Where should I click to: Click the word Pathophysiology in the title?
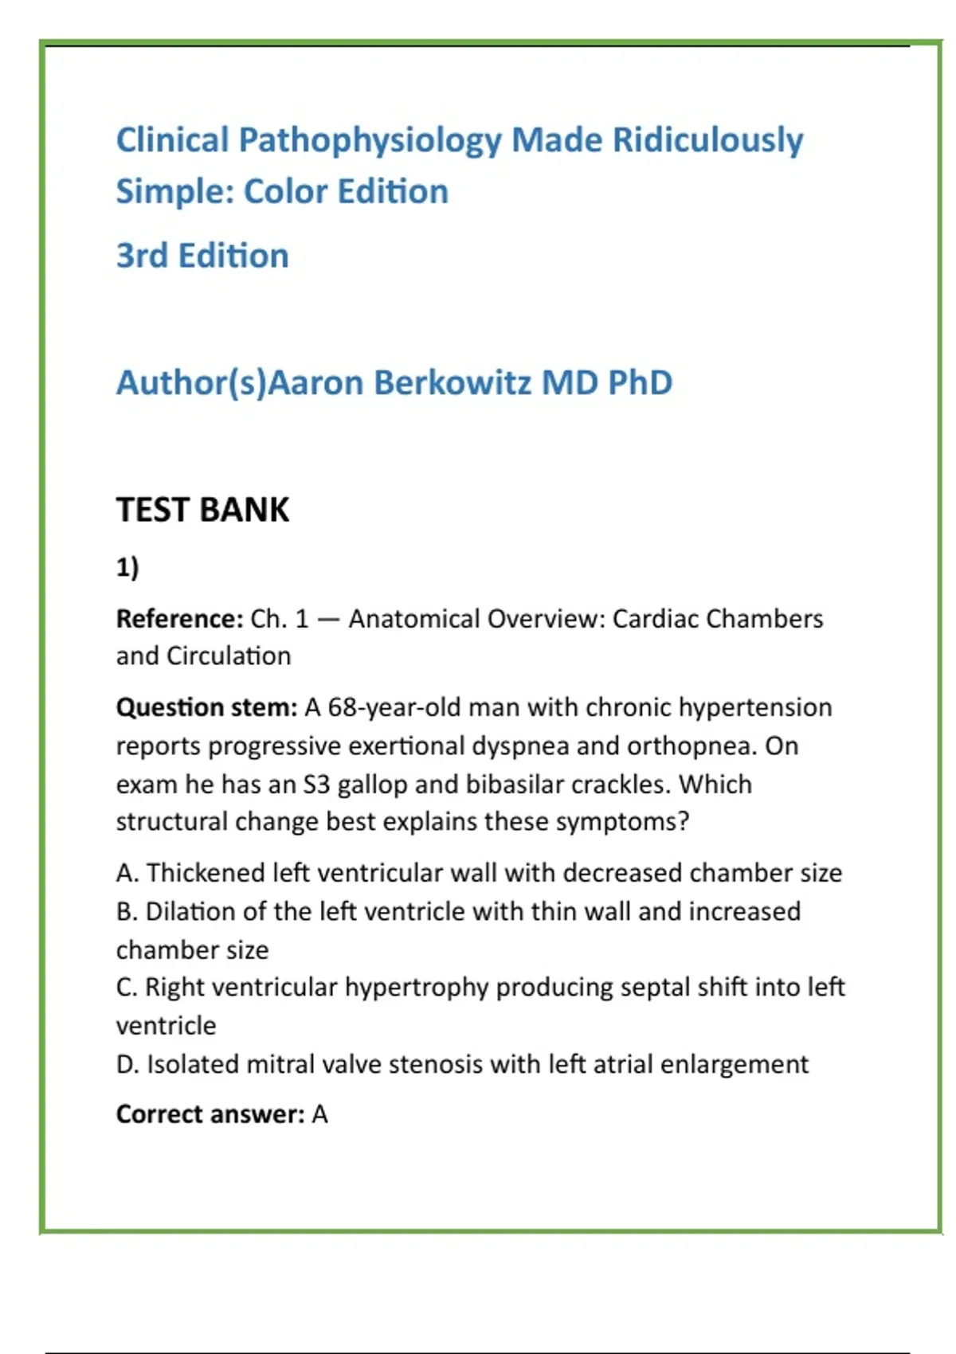370,141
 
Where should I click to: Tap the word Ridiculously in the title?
707,141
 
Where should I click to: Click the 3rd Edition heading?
202,256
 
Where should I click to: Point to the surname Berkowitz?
452,383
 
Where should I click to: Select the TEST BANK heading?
202,510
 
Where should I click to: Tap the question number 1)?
127,568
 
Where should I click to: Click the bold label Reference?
179,619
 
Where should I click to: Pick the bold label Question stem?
206,707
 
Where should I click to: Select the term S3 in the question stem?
316,785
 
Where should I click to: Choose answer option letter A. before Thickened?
127,873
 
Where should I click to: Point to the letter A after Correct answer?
319,1114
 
